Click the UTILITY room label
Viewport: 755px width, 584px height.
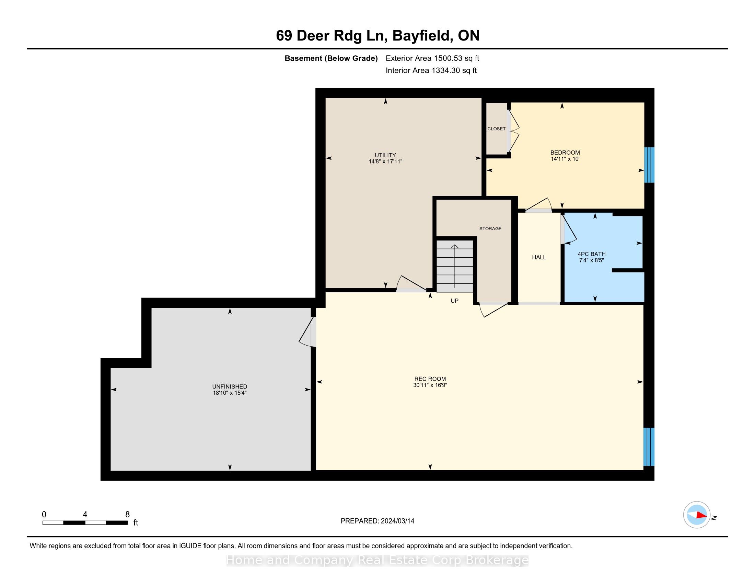pyautogui.click(x=385, y=155)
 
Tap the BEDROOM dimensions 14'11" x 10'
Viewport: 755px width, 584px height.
pyautogui.click(x=565, y=159)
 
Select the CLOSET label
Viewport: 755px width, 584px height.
pyautogui.click(x=497, y=129)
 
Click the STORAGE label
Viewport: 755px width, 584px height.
pyautogui.click(x=490, y=228)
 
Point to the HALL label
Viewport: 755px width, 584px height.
pyautogui.click(x=539, y=257)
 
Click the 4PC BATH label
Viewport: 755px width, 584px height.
pyautogui.click(x=592, y=254)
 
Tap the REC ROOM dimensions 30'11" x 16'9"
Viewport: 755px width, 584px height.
pyautogui.click(x=430, y=385)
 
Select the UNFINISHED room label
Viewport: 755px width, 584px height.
pyautogui.click(x=230, y=386)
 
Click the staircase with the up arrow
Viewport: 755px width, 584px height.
pyautogui.click(x=455, y=266)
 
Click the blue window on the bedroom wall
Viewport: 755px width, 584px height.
pyautogui.click(x=649, y=165)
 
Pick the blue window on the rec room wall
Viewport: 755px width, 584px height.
pyautogui.click(x=649, y=447)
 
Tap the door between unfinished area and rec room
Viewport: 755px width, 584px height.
pyautogui.click(x=307, y=332)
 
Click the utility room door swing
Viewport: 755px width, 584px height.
pyautogui.click(x=411, y=284)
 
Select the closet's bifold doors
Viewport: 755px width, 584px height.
pyautogui.click(x=513, y=131)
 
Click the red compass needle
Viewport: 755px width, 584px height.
pyautogui.click(x=701, y=516)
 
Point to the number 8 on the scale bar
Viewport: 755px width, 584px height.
pyautogui.click(x=127, y=515)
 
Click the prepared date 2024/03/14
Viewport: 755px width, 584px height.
pyautogui.click(x=397, y=521)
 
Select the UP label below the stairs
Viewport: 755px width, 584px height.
pyautogui.click(x=454, y=301)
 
